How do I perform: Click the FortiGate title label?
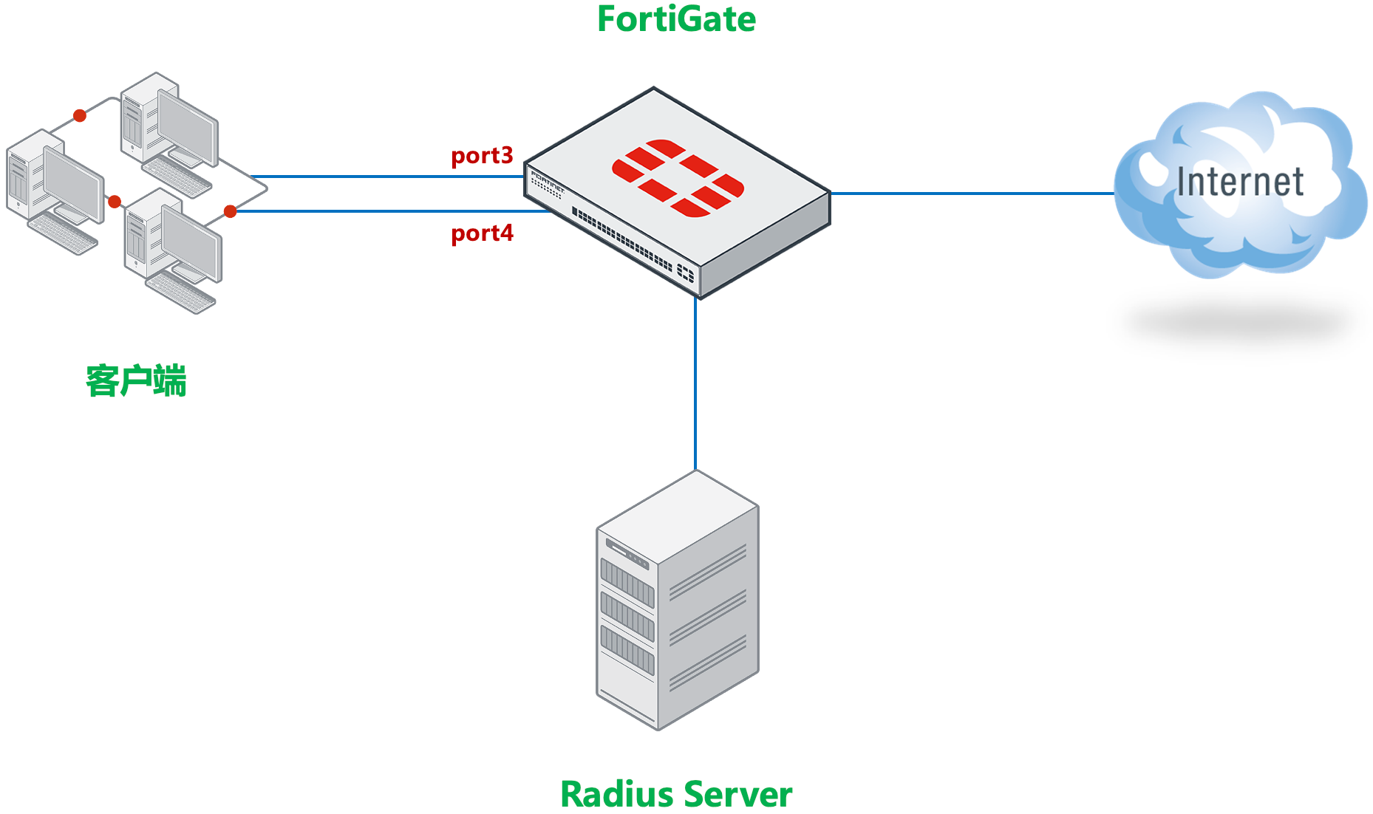click(676, 19)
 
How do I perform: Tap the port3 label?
click(482, 156)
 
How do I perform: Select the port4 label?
click(482, 233)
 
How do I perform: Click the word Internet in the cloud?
click(1240, 182)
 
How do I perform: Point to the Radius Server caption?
click(675, 795)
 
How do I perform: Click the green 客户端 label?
click(136, 382)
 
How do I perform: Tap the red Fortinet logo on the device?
click(678, 178)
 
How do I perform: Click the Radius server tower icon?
click(677, 602)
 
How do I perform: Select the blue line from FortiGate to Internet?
click(972, 194)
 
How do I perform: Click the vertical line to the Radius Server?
click(695, 384)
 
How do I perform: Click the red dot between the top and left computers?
click(80, 116)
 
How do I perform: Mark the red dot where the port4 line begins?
click(230, 212)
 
